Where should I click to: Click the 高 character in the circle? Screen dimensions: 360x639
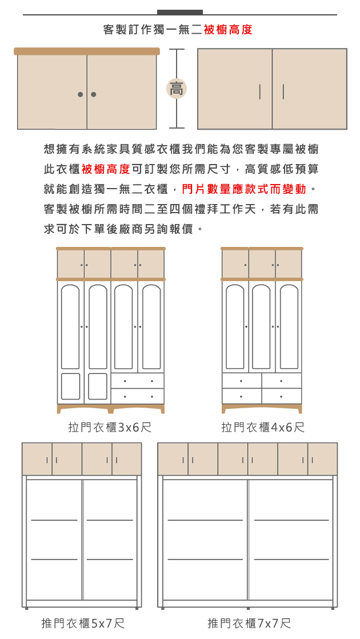[x=177, y=89]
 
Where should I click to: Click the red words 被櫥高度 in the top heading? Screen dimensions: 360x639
[x=227, y=30]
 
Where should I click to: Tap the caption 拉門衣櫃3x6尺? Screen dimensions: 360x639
[x=110, y=428]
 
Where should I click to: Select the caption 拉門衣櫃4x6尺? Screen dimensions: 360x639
[x=263, y=428]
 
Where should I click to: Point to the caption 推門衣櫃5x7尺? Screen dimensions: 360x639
[x=83, y=623]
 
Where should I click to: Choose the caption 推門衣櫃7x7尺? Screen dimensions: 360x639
[x=249, y=623]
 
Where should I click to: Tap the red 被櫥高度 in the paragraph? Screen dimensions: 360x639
[x=106, y=169]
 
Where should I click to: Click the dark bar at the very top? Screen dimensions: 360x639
[x=179, y=12]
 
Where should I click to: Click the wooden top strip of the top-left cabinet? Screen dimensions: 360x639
[x=87, y=51]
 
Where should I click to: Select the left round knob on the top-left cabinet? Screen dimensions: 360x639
[x=81, y=94]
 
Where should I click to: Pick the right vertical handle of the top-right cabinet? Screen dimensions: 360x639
[x=283, y=91]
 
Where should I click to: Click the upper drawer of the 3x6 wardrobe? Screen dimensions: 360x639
[x=138, y=381]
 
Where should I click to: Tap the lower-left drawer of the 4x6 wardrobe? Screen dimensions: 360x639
[x=241, y=396]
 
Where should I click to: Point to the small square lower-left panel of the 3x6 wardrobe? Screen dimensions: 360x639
[x=70, y=386]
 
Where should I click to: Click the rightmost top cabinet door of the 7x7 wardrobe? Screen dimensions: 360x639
[x=323, y=459]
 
